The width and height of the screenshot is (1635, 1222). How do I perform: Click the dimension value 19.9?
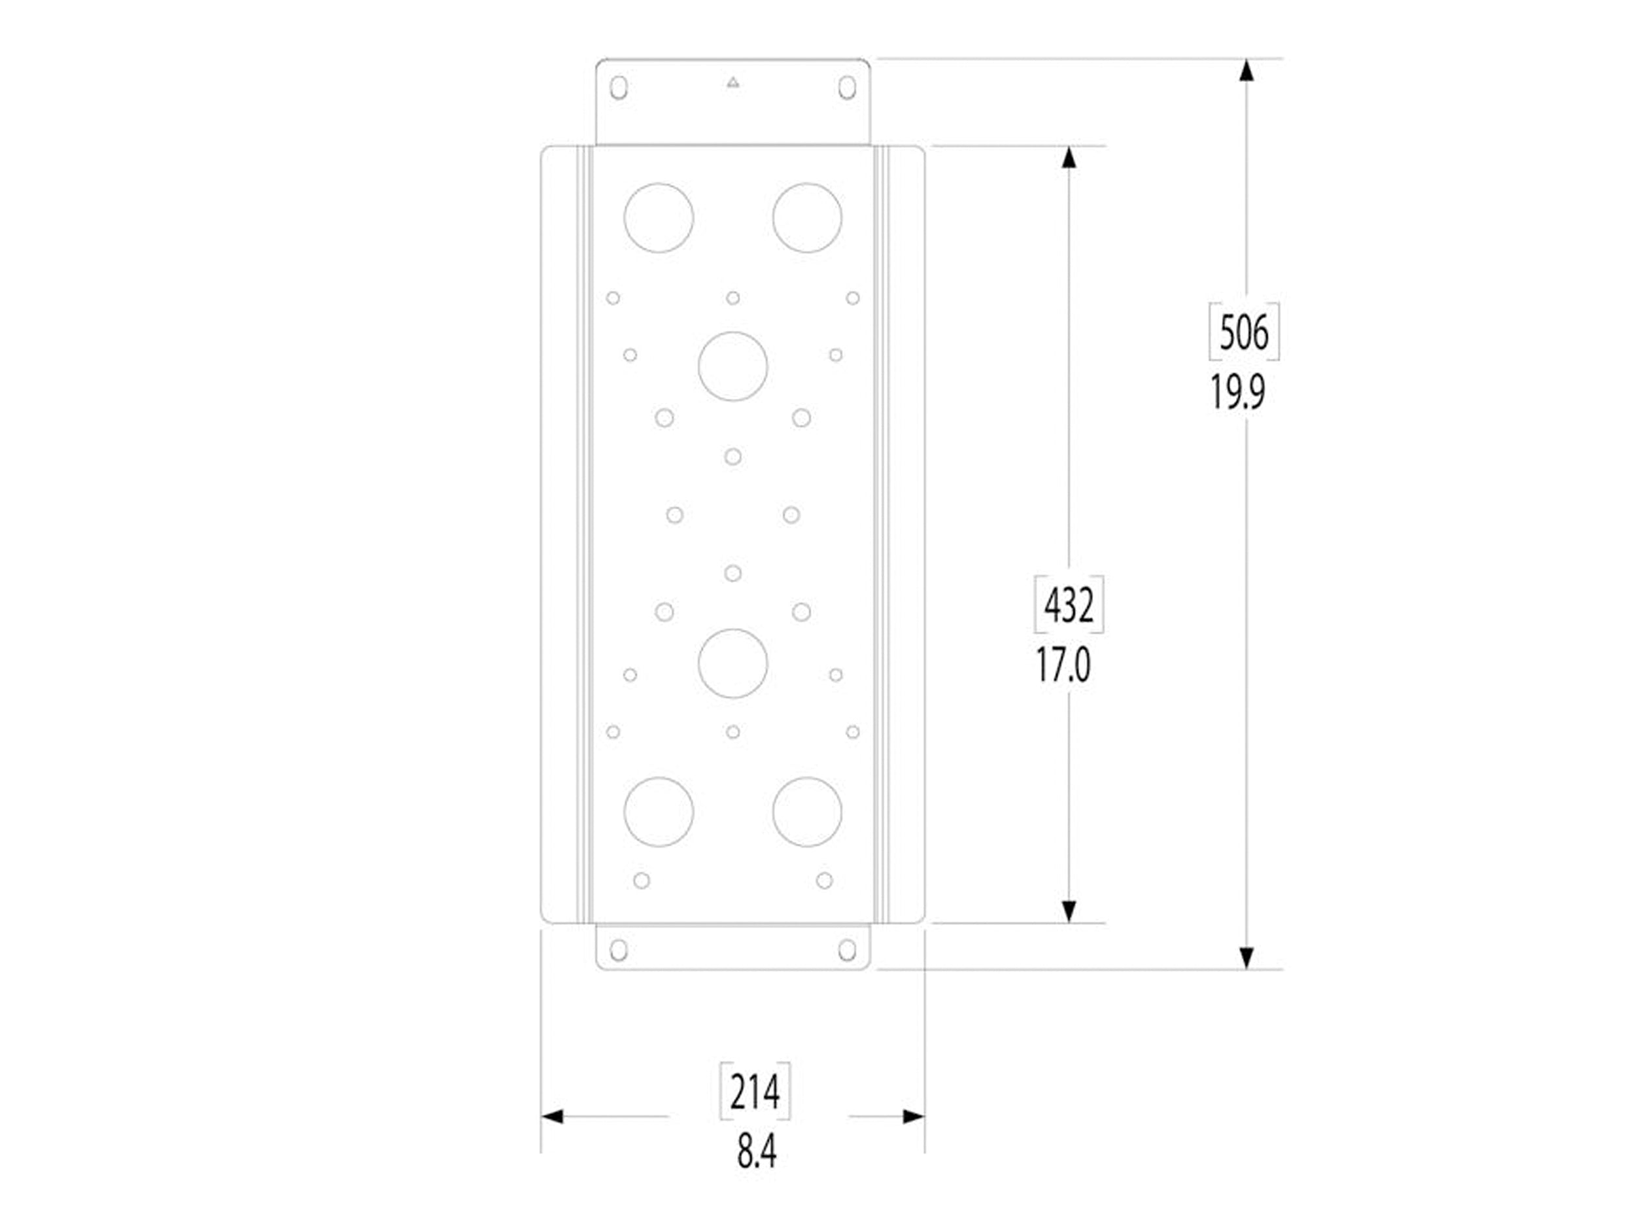(x=1237, y=392)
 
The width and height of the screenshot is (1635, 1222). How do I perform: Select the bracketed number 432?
(x=1068, y=606)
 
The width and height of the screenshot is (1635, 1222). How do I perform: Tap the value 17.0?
(x=1063, y=665)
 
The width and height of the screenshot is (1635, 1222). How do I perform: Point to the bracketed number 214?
(x=755, y=1091)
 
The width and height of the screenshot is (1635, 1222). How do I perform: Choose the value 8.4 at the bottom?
(x=757, y=1151)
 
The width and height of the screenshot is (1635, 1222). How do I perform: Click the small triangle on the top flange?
(x=732, y=82)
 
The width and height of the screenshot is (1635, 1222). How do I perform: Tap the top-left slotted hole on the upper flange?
(x=619, y=87)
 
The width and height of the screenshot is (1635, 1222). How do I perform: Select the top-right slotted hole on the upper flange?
(x=847, y=87)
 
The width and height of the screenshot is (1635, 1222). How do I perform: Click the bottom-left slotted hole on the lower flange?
(x=619, y=950)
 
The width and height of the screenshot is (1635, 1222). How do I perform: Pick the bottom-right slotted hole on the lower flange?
(x=847, y=950)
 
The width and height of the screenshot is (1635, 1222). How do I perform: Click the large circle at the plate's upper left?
(x=659, y=217)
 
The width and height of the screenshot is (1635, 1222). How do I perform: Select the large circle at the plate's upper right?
(x=807, y=217)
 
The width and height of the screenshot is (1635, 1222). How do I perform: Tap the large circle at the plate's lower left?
(x=659, y=812)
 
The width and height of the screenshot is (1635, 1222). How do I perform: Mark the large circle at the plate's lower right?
(x=807, y=812)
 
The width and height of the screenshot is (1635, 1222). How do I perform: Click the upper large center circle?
(x=732, y=366)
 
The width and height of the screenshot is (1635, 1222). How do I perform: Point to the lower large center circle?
(x=732, y=663)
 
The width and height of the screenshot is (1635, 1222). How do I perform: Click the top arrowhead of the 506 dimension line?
(x=1247, y=70)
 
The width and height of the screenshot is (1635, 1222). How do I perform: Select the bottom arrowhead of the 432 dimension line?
(x=1069, y=911)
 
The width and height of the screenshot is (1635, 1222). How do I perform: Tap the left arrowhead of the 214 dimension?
(x=552, y=1116)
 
